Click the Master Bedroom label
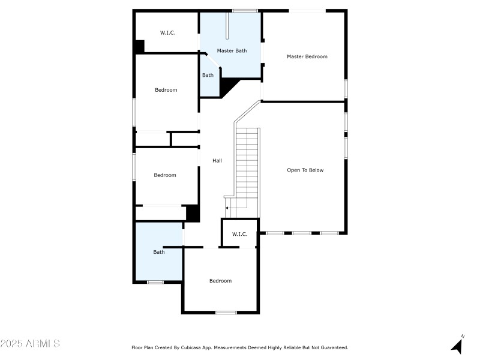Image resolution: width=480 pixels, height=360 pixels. (307, 56)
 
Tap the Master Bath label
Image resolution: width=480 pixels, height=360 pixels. (232, 51)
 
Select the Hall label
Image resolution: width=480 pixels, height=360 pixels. (217, 161)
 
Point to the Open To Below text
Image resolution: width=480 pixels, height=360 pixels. (305, 170)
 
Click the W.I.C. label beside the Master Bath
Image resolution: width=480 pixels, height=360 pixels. (167, 32)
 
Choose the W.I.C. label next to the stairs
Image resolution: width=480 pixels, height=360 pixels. (239, 234)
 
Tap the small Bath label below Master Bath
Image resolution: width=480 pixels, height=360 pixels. (208, 75)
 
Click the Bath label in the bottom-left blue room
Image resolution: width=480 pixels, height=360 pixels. (158, 252)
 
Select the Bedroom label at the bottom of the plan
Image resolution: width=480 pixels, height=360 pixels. (220, 281)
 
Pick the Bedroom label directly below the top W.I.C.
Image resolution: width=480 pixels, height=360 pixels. (166, 90)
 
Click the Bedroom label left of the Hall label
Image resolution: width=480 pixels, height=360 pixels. (165, 175)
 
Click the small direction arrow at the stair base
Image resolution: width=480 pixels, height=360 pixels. (227, 208)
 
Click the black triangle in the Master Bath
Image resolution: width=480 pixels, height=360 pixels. (228, 88)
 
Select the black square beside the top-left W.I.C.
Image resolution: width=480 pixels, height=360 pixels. (139, 46)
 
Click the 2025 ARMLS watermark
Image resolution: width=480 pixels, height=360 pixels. (30, 344)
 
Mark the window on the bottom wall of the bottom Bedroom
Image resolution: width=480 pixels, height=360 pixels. (226, 312)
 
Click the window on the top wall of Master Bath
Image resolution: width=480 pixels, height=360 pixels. (245, 10)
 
